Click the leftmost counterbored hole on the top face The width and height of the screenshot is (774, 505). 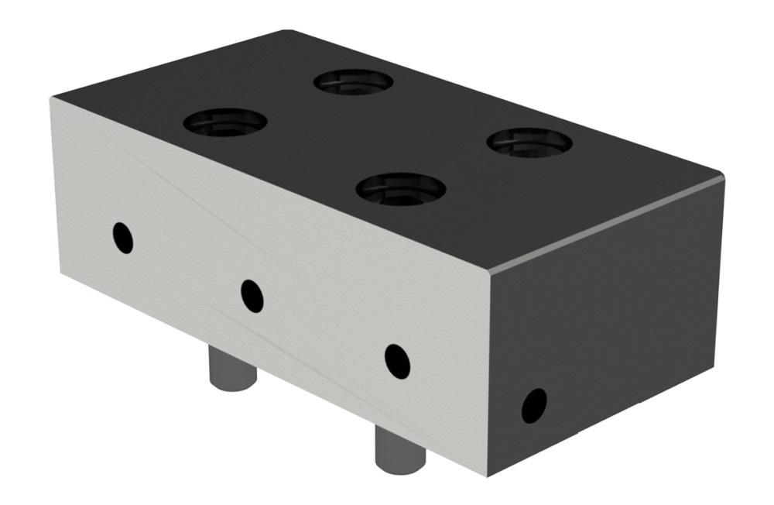coord(225,122)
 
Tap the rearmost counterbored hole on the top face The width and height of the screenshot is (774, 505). coord(353,81)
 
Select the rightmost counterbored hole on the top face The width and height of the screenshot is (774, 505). coord(529,142)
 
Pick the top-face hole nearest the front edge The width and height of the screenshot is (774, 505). coord(401,188)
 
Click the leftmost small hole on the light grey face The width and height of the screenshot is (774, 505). coord(122,238)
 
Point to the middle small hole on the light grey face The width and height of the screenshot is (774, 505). coord(252,295)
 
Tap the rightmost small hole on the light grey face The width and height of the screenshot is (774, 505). coord(397,361)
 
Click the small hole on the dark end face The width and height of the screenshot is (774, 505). coord(534,405)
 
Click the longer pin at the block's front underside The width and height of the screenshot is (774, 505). coord(400,447)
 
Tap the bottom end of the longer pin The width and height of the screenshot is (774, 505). coord(401,466)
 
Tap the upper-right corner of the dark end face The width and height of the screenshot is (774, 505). coord(723,180)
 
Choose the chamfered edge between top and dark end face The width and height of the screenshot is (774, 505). coord(608,223)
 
